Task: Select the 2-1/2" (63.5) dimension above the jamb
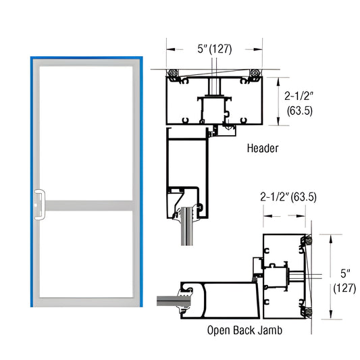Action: coord(288,197)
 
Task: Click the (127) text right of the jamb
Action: coord(345,288)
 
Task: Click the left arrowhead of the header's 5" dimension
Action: coord(170,49)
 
